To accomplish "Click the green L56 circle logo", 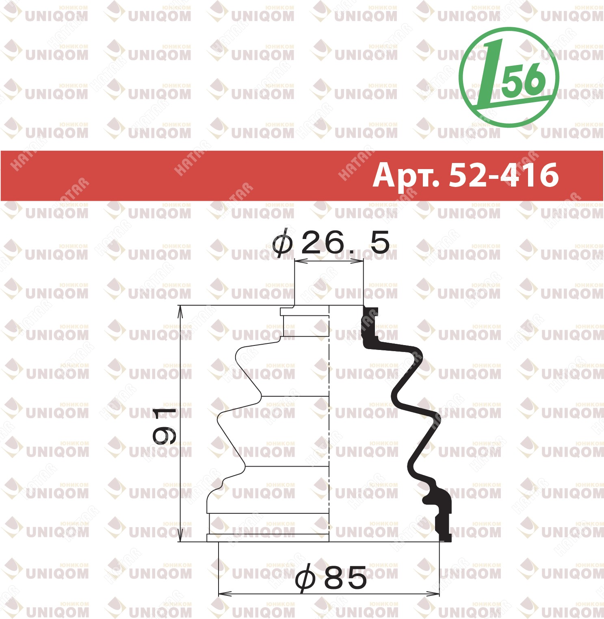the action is tap(509, 77).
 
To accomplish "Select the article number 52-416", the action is tap(504, 175).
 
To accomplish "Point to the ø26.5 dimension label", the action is tap(331, 243).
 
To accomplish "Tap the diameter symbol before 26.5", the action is tap(282, 243).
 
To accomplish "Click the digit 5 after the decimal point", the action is tap(380, 243).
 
